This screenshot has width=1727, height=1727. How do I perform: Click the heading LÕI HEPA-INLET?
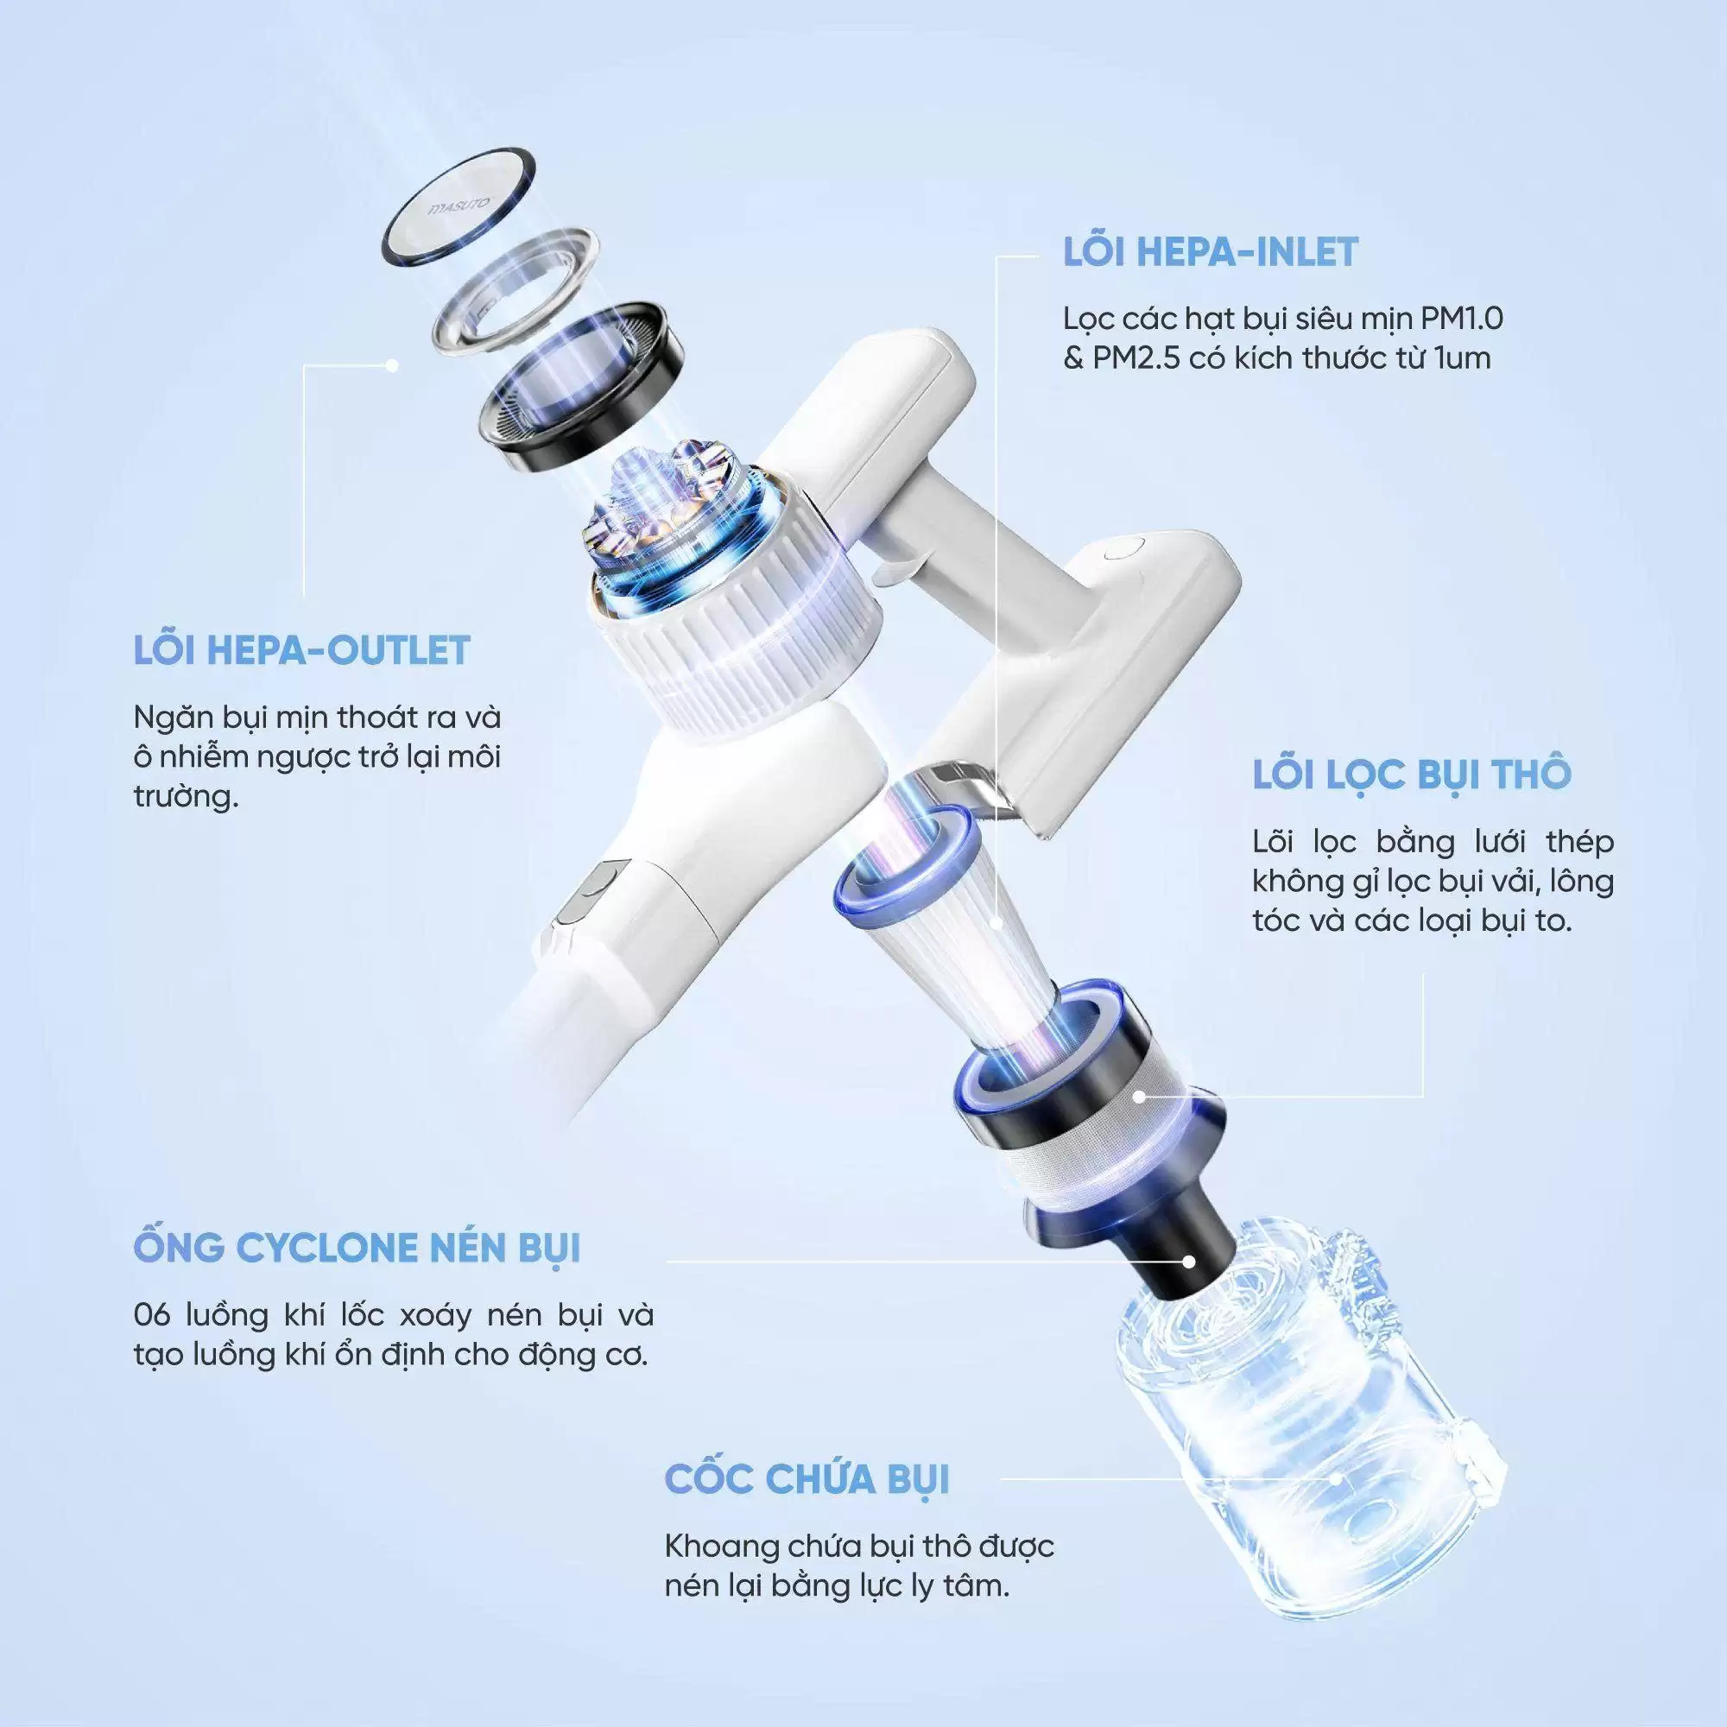point(1211,252)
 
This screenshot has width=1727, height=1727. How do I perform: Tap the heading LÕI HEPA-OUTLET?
point(302,650)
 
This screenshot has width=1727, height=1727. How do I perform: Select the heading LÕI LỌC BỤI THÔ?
point(1412,773)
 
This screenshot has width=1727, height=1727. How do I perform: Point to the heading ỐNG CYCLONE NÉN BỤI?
point(357,1247)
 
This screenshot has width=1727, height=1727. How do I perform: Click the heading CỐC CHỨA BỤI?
point(807,1479)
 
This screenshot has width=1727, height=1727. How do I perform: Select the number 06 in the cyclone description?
point(152,1315)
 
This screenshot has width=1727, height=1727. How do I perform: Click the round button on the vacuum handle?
point(1123,548)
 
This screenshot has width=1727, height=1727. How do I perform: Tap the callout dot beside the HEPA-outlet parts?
point(391,365)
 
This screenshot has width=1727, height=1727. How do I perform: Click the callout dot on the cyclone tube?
point(1188,1262)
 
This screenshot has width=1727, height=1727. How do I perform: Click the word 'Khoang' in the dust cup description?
point(719,1547)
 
